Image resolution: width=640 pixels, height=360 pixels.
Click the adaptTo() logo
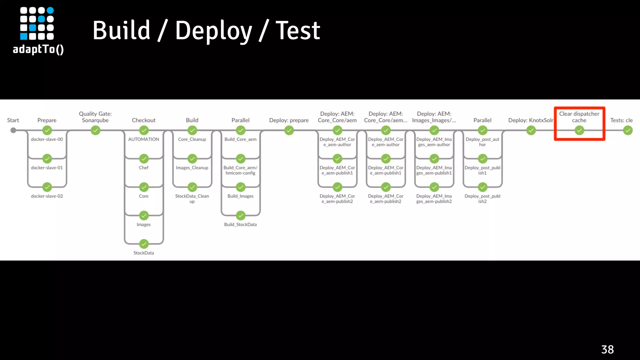coord(38,31)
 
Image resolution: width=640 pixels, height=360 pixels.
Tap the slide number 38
coord(607,349)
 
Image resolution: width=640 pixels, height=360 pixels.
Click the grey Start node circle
coord(13,130)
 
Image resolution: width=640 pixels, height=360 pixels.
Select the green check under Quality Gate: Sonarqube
coord(95,130)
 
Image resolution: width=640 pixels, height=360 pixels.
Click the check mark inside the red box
coord(579,130)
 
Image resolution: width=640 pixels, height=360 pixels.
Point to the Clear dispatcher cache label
coord(579,117)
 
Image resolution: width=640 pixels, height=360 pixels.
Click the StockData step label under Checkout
coord(143,253)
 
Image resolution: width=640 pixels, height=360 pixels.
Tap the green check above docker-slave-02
coord(47,187)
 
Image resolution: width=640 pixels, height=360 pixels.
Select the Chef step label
coord(143,168)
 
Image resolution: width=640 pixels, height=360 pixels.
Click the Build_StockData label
coord(240,224)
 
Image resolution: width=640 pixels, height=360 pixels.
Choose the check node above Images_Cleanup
coord(192,159)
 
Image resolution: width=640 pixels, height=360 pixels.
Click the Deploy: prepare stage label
coord(289,120)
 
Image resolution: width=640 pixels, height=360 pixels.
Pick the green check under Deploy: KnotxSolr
coord(531,130)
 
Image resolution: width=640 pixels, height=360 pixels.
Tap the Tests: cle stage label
coord(621,120)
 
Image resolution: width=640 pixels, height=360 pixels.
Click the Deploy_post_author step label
coord(482,142)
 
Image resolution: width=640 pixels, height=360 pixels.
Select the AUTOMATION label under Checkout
coord(143,139)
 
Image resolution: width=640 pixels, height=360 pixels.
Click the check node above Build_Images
coord(240,187)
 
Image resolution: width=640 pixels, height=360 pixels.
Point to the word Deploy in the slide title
coord(213,31)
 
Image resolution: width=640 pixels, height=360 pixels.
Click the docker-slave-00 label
coord(47,139)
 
